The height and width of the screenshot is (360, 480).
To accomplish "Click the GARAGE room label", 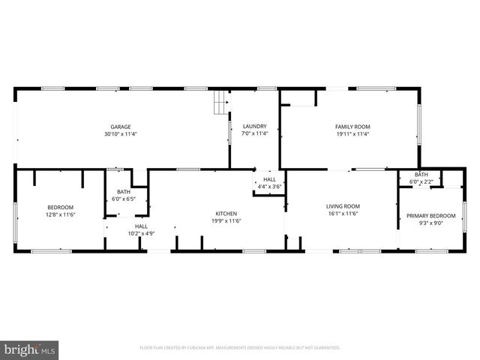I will tap(121, 127).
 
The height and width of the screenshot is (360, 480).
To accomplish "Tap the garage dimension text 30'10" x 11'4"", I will tap(121, 135).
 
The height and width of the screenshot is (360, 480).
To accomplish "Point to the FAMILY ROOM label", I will tap(352, 127).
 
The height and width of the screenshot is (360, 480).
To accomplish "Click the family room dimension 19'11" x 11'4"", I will tap(352, 135).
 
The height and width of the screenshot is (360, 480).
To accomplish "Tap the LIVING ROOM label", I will tap(343, 206).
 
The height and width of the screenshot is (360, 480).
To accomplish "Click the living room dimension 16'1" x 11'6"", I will tap(343, 214).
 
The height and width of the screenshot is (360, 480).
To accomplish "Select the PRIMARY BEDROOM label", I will tap(431, 215).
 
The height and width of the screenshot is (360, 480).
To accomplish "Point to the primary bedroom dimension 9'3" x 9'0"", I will tap(431, 223).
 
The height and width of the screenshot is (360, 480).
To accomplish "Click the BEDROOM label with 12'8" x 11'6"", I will tap(61, 207).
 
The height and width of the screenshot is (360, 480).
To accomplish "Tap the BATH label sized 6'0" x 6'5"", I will tap(123, 192).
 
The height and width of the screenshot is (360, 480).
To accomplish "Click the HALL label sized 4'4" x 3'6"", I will tap(269, 179).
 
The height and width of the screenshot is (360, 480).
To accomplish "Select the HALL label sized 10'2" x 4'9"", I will tap(141, 226).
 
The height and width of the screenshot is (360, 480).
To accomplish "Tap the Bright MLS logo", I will tap(30, 349).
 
